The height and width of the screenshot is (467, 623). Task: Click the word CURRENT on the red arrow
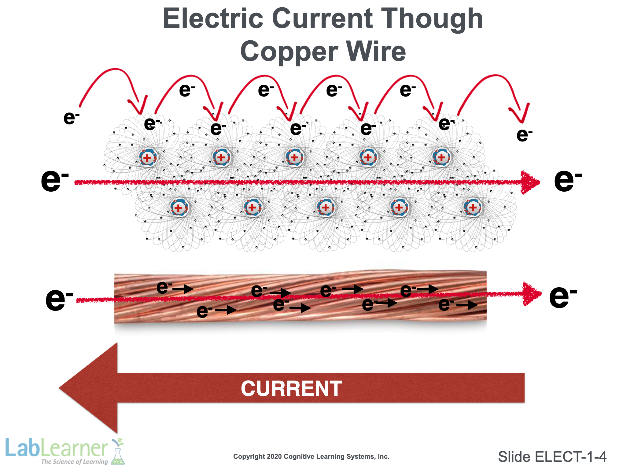[291, 388]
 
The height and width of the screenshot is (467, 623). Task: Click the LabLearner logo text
[57, 448]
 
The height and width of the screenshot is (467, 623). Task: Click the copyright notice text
[311, 456]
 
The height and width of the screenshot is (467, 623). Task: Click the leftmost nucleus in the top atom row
[148, 157]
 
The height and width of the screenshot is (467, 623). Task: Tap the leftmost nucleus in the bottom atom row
[179, 208]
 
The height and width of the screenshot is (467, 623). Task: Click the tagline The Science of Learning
[74, 461]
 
